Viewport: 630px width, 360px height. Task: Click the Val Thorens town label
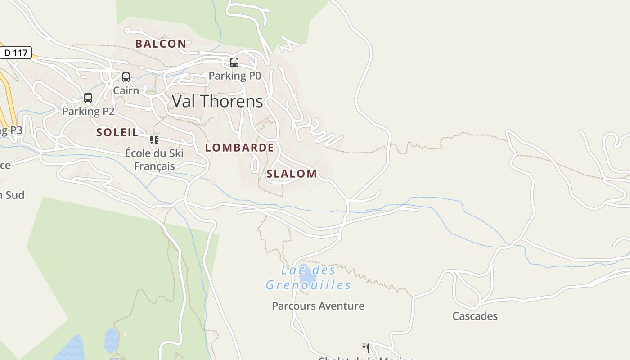point(217,101)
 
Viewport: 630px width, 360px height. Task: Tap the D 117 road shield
point(16,53)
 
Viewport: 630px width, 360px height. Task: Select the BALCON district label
point(161,44)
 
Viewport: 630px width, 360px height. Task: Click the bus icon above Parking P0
point(234,63)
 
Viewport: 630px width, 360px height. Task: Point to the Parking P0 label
point(234,76)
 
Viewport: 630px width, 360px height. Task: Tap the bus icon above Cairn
point(126,77)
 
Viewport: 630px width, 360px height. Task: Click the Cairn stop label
point(126,90)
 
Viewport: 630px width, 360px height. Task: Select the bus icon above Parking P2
point(88,98)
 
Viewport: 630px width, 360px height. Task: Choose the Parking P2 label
point(88,111)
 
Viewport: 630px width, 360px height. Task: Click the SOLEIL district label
point(117,132)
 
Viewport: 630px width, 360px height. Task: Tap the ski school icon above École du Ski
point(154,139)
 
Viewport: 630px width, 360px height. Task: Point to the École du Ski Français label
point(154,160)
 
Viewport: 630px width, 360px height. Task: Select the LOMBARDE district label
point(239,148)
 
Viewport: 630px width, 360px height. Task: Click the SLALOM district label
point(292,174)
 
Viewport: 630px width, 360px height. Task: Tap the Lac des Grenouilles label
point(308,278)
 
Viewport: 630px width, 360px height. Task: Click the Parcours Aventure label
point(318,306)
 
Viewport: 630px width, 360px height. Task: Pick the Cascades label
point(475,316)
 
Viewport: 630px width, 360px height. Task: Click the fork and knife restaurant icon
point(366,348)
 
